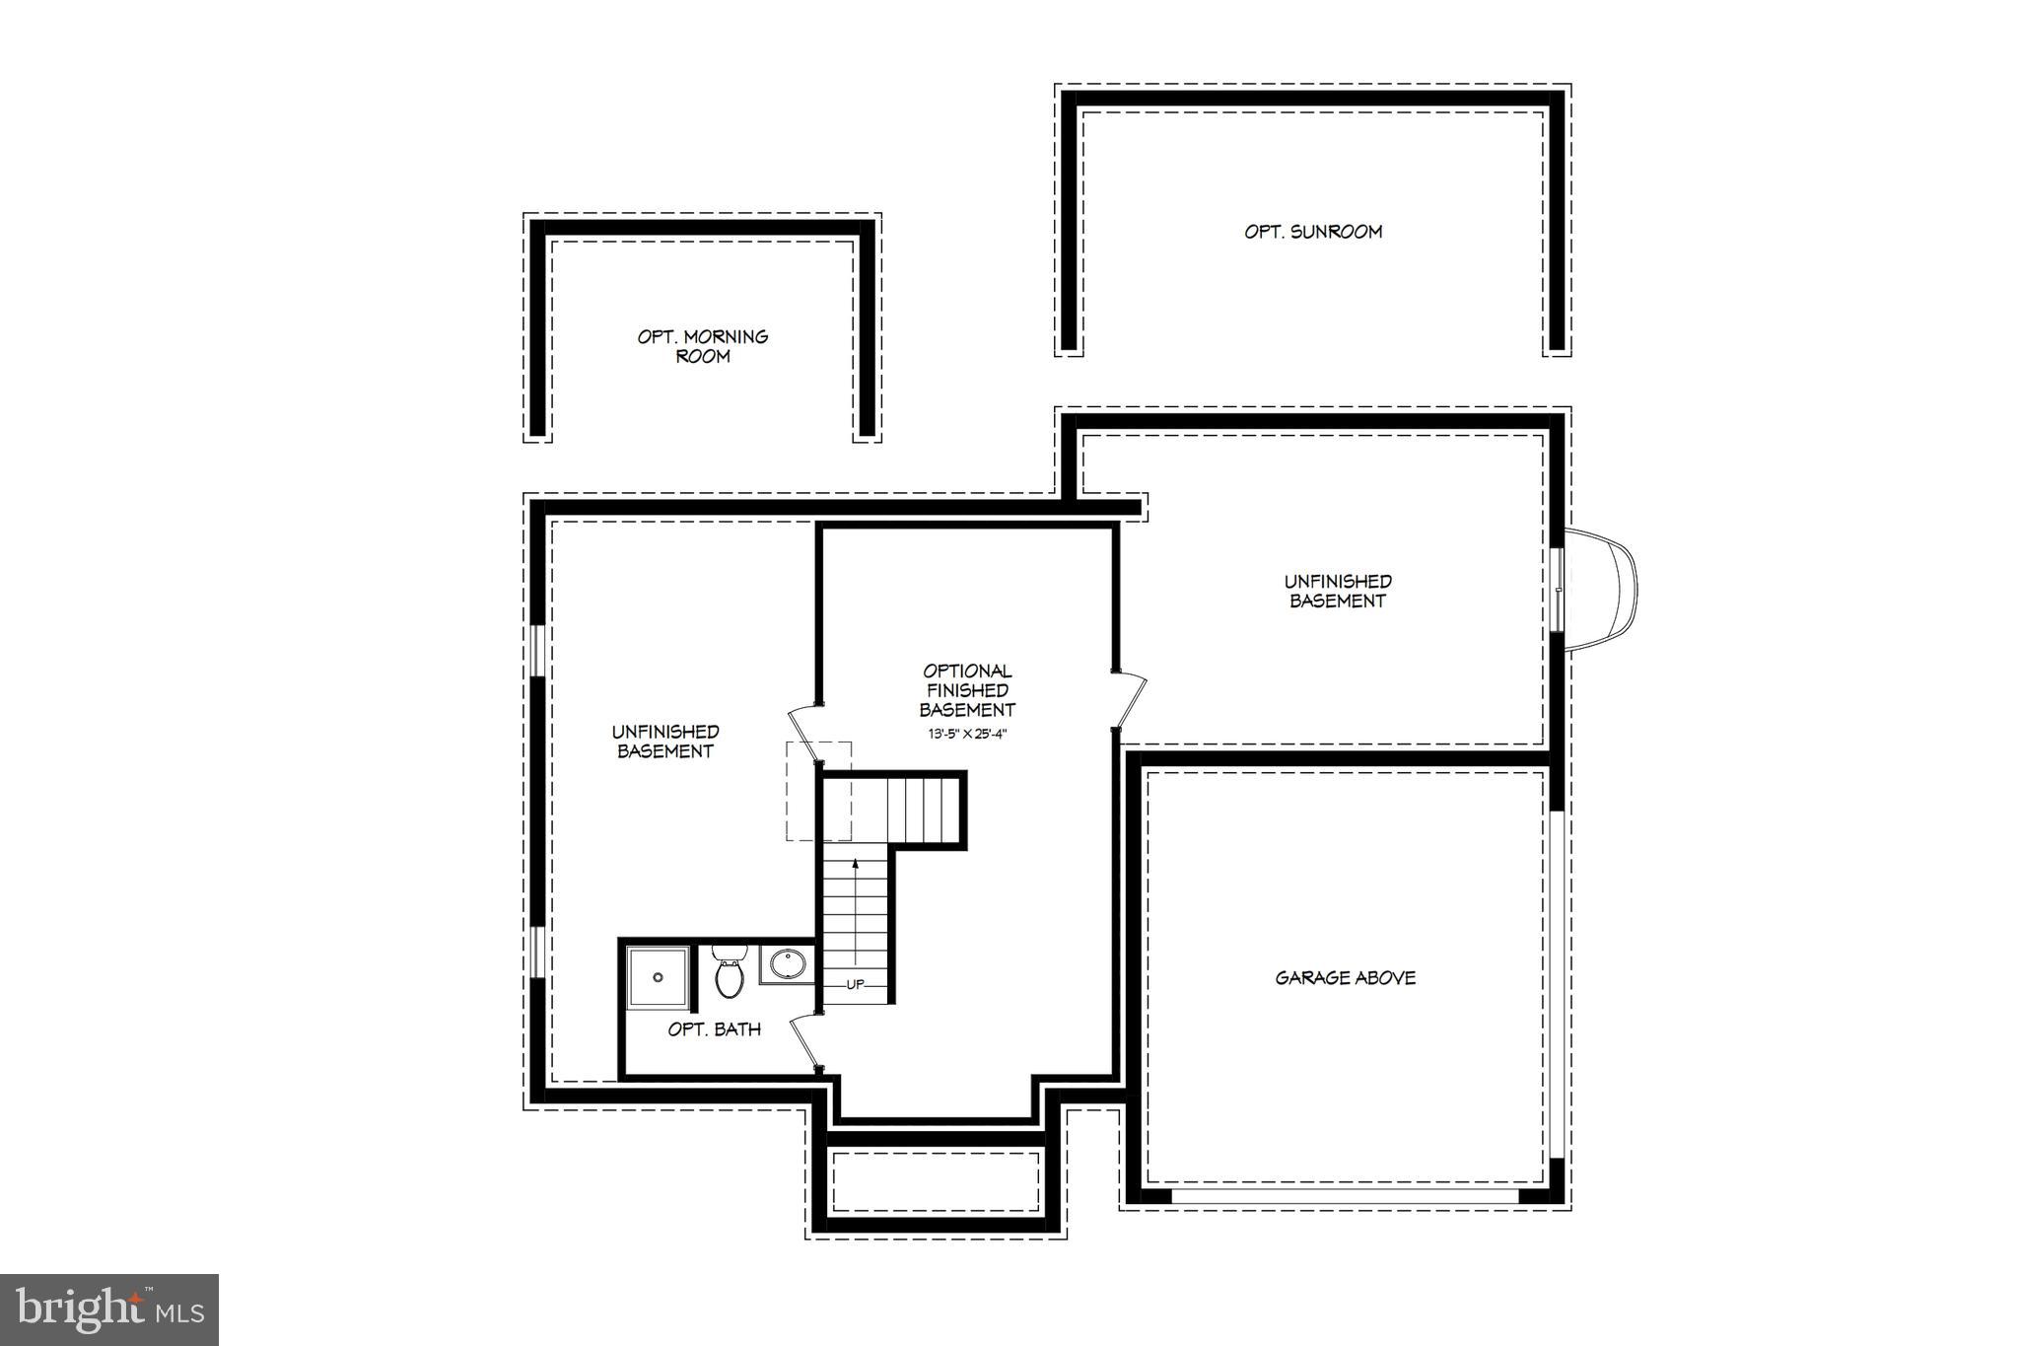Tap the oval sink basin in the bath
pyautogui.click(x=788, y=963)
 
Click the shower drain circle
pyautogui.click(x=658, y=977)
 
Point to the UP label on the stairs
pyautogui.click(x=855, y=984)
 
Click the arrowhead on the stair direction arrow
pyautogui.click(x=855, y=864)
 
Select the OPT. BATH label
pyautogui.click(x=715, y=1029)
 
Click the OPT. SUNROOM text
pyautogui.click(x=1313, y=232)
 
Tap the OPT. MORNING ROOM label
pyautogui.click(x=703, y=346)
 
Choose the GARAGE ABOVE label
pyautogui.click(x=1346, y=978)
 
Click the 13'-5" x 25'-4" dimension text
pyautogui.click(x=967, y=734)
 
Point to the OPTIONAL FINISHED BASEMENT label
pyautogui.click(x=967, y=690)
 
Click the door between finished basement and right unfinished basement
pyautogui.click(x=1130, y=699)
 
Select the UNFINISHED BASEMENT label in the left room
pyautogui.click(x=665, y=742)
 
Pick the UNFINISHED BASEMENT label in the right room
pyautogui.click(x=1338, y=592)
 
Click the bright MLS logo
pyautogui.click(x=109, y=1310)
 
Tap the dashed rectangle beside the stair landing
pyautogui.click(x=803, y=791)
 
